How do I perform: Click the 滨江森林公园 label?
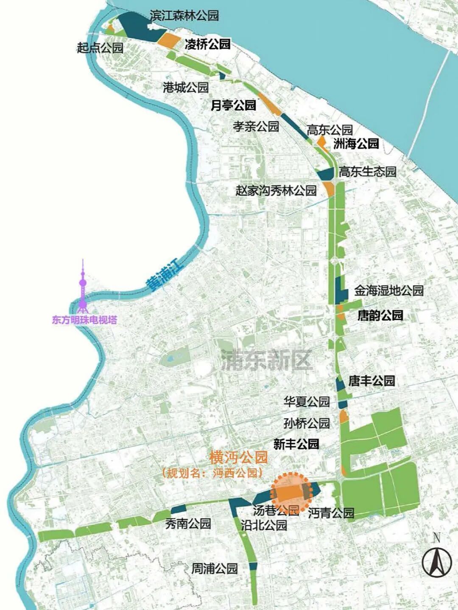coord(184,16)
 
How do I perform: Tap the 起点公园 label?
coord(100,47)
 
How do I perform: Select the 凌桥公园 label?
coord(207,44)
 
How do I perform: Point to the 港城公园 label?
coord(186,87)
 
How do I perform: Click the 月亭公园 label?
coord(233,105)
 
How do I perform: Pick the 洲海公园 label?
coord(356,144)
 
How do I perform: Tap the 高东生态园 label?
coord(367,172)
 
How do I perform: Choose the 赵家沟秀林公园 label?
coord(276,190)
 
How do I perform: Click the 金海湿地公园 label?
coord(388,291)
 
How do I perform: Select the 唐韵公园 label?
coord(380,315)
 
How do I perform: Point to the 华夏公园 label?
coord(307,402)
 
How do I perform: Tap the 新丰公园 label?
coord(296,444)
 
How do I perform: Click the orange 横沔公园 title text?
coord(239,457)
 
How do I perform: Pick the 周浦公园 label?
coord(214,568)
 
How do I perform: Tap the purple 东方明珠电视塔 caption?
coord(84,320)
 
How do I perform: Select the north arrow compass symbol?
coord(437,559)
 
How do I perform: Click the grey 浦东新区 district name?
coord(266,361)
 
